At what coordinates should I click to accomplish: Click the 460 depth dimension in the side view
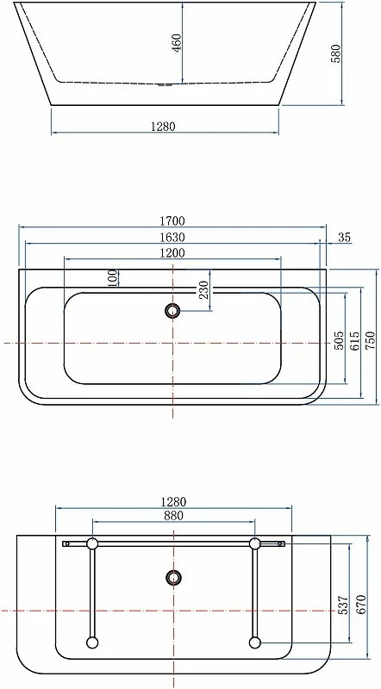tap(176, 43)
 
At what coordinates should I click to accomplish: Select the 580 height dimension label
tap(336, 53)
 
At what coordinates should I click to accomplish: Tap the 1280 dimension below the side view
tap(163, 126)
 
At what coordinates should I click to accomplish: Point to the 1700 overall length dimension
tap(172, 221)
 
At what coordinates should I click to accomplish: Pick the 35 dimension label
tap(344, 238)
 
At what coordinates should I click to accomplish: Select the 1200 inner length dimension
tap(172, 252)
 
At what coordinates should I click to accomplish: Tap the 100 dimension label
tap(113, 277)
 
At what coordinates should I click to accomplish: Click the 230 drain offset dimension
tap(204, 290)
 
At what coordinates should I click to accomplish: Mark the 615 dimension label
tap(354, 340)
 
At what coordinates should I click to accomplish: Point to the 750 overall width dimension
tap(371, 339)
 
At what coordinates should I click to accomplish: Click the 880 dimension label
tap(173, 517)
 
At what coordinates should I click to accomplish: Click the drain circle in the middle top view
tap(173, 311)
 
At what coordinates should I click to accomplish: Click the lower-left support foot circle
tap(92, 642)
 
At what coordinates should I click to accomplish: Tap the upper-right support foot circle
tap(255, 543)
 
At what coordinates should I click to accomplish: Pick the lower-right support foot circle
tap(254, 642)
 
